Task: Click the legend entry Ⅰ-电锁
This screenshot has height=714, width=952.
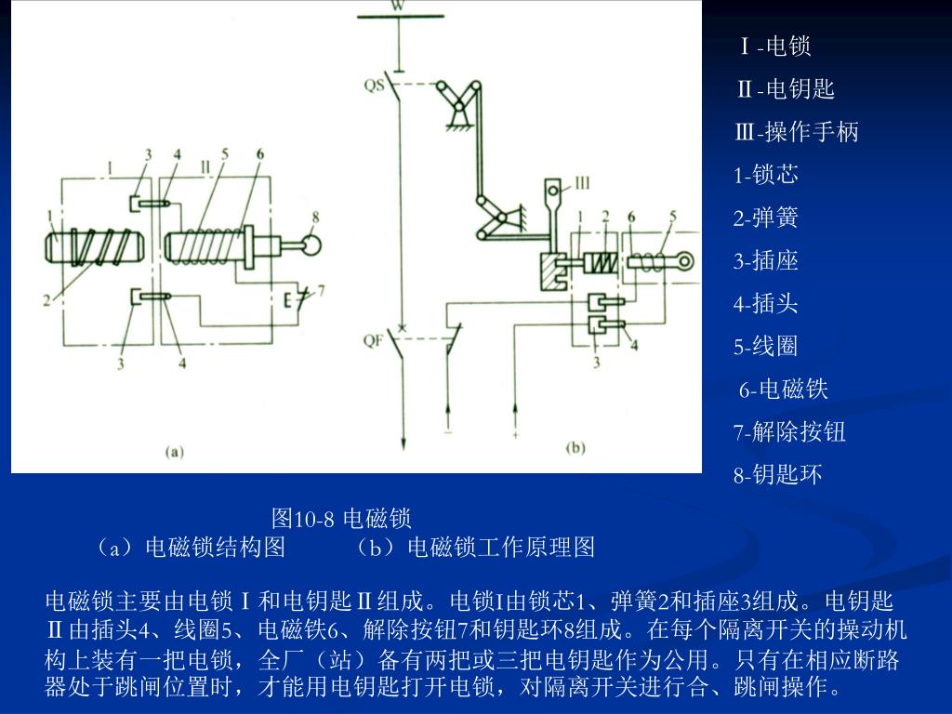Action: [775, 46]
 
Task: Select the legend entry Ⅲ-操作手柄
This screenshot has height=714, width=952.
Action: [797, 132]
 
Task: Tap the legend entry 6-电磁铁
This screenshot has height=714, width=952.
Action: [783, 390]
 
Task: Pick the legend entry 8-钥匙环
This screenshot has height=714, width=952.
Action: [778, 475]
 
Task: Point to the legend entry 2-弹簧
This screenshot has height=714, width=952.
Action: [766, 218]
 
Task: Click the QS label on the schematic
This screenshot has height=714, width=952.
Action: [374, 85]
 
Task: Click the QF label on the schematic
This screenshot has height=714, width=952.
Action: [374, 340]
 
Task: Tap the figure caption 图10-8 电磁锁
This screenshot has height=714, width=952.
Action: [341, 519]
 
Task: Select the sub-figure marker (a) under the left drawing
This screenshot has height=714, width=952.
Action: [174, 452]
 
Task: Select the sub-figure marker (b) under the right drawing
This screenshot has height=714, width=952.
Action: [575, 448]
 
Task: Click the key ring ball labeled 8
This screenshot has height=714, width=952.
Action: [311, 245]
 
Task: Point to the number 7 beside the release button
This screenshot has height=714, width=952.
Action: [321, 291]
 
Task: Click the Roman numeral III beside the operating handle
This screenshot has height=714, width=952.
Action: [582, 183]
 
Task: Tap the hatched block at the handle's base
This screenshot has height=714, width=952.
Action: [554, 271]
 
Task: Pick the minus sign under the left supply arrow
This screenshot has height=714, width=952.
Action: [448, 433]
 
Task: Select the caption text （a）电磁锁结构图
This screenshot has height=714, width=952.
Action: [190, 548]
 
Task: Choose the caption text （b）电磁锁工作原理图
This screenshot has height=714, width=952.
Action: [475, 548]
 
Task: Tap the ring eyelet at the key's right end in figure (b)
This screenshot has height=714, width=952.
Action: [685, 262]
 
